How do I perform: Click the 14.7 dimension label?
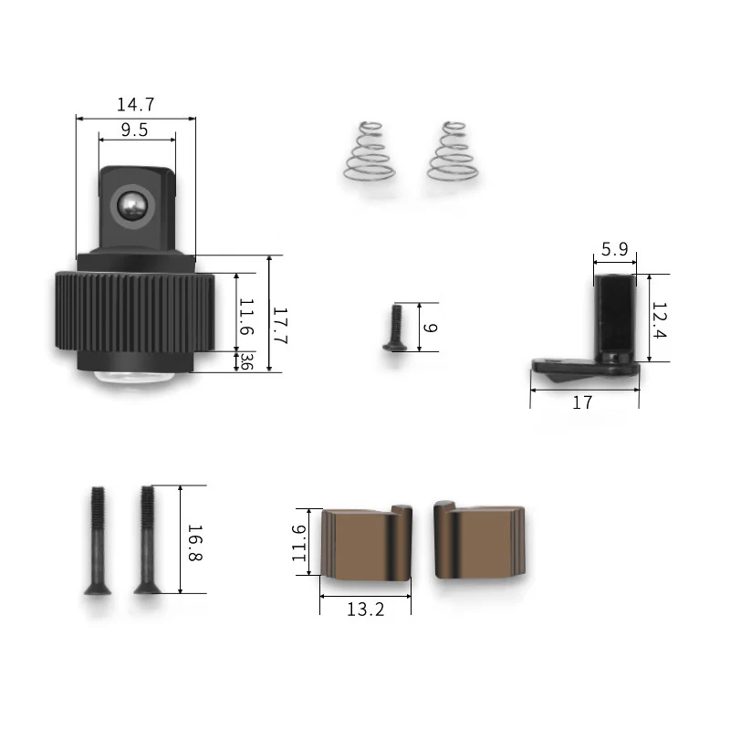coord(135,105)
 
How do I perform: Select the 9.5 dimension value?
coord(134,130)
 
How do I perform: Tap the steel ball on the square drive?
coord(131,204)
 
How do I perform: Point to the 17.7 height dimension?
coord(279,325)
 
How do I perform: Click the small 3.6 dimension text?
coord(246,361)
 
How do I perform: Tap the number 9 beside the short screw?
coord(430,328)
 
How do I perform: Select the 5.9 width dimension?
coord(614,249)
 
